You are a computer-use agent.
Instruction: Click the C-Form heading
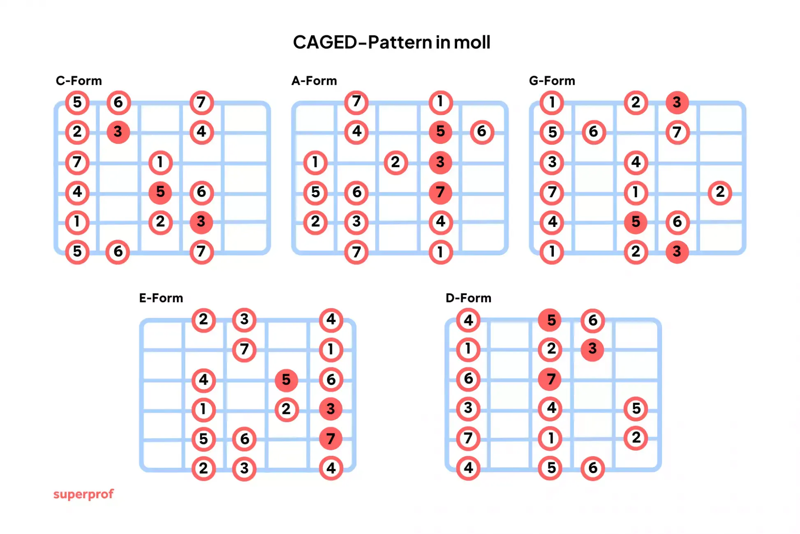tap(79, 81)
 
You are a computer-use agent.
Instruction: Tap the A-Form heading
tap(314, 81)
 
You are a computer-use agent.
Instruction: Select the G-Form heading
tap(552, 81)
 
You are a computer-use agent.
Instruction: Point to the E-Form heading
tap(161, 298)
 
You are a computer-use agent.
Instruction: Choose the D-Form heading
tap(468, 298)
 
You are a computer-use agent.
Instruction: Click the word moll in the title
tap(472, 42)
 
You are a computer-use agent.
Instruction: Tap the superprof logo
tap(83, 494)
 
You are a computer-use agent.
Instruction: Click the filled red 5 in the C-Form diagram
tap(160, 192)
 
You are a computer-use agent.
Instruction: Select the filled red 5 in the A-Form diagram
tap(440, 132)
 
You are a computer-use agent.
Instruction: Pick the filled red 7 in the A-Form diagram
tap(440, 192)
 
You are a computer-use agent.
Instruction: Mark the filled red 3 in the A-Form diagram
tap(440, 162)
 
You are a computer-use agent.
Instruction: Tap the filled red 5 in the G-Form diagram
tap(636, 222)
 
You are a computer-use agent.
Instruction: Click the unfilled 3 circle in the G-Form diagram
tap(552, 162)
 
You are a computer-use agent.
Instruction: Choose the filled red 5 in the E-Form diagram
tap(286, 379)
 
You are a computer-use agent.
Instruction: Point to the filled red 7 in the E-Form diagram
tap(331, 439)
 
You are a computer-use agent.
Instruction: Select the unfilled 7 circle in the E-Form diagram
tap(244, 349)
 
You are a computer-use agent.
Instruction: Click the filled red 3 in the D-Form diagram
tap(592, 349)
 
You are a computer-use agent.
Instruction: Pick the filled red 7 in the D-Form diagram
tap(551, 379)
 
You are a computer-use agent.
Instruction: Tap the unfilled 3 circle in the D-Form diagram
tap(468, 409)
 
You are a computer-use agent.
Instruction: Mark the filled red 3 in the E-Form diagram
tap(331, 409)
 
